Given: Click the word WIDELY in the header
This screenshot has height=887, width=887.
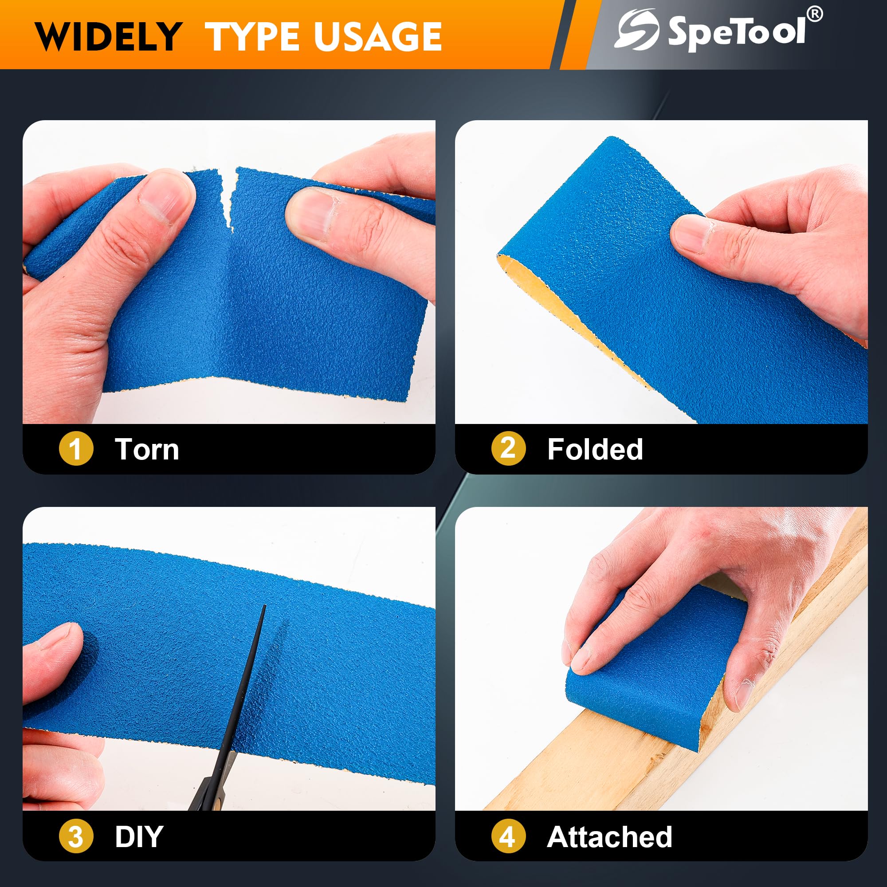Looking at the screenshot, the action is [x=108, y=36].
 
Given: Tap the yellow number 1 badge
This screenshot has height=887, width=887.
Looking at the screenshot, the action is [x=76, y=448].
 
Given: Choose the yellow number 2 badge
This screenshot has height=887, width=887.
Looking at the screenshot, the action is [x=508, y=448].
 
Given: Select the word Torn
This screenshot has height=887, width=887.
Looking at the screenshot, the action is [x=147, y=449].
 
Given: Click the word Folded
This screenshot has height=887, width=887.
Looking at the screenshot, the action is [x=595, y=449].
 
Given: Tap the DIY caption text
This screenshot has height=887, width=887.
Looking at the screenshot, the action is [x=139, y=836].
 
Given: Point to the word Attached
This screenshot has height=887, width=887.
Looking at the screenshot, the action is [x=610, y=836].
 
